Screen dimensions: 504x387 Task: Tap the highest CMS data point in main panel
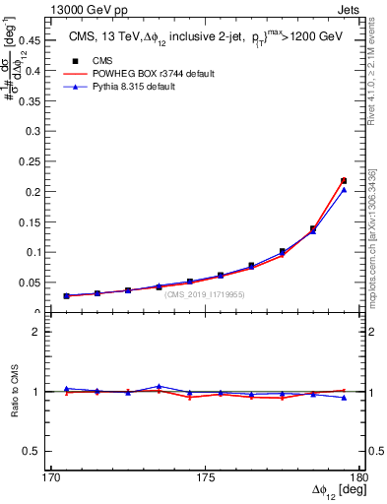coord(344,180)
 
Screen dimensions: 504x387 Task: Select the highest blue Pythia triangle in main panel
coord(344,190)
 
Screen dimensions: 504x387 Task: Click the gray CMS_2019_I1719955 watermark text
coord(205,294)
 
